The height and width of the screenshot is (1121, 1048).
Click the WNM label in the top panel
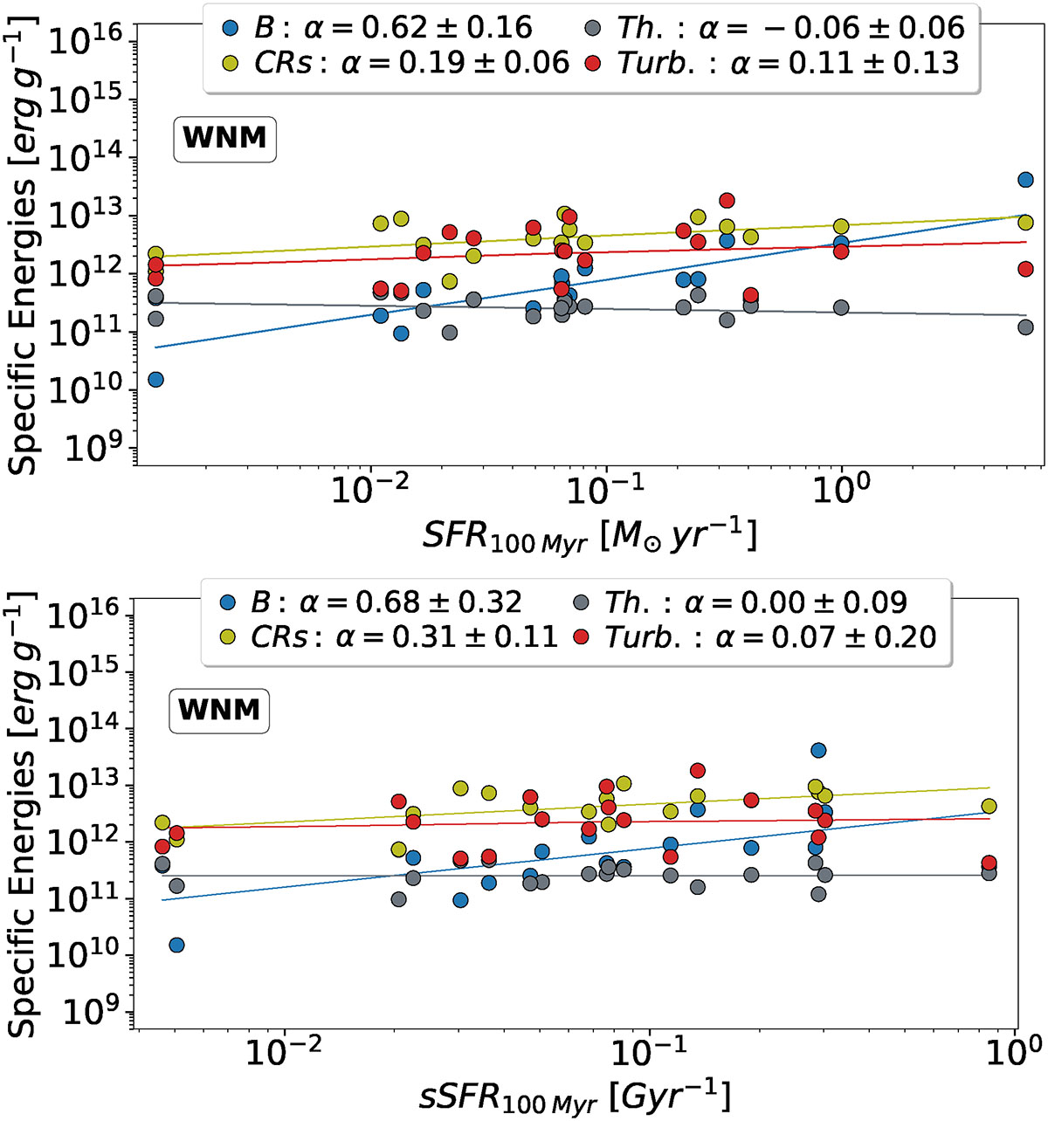(x=225, y=139)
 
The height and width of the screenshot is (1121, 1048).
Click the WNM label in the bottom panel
(x=218, y=710)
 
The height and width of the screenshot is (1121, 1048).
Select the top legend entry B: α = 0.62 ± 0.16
(x=377, y=27)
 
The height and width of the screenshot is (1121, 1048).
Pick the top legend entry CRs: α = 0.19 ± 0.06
(x=396, y=62)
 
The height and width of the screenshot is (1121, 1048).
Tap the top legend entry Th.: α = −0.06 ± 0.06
(x=775, y=27)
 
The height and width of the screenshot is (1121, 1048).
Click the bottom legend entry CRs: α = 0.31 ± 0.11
(x=390, y=636)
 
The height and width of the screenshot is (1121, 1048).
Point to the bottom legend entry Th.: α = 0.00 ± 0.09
(x=745, y=602)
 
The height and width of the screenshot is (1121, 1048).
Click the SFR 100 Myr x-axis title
(x=589, y=535)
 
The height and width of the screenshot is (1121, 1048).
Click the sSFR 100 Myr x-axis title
(x=574, y=1095)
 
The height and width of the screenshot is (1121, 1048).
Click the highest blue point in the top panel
(x=1025, y=180)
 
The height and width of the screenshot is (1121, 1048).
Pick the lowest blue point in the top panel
(x=155, y=379)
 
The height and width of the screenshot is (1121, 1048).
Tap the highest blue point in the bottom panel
(x=818, y=750)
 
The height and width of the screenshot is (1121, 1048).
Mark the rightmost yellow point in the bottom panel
(x=989, y=806)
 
